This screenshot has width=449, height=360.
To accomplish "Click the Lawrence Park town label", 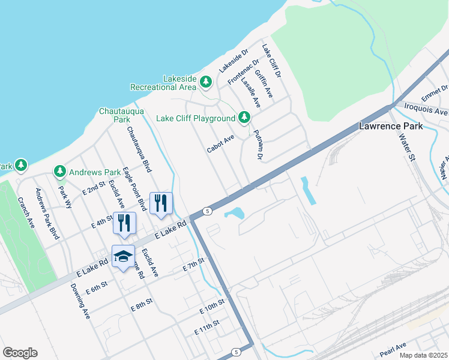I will coord(390,126).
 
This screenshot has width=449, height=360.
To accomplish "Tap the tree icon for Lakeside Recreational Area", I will coord(206,81).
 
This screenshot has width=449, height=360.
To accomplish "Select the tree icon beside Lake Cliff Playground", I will coord(244,118).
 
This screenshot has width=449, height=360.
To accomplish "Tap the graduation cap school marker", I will coord(123,256).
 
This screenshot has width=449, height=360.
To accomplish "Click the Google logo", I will coord(20,353).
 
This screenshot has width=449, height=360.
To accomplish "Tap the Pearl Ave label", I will coord(393,346).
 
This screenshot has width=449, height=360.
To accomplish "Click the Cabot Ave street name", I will coord(220,144).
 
